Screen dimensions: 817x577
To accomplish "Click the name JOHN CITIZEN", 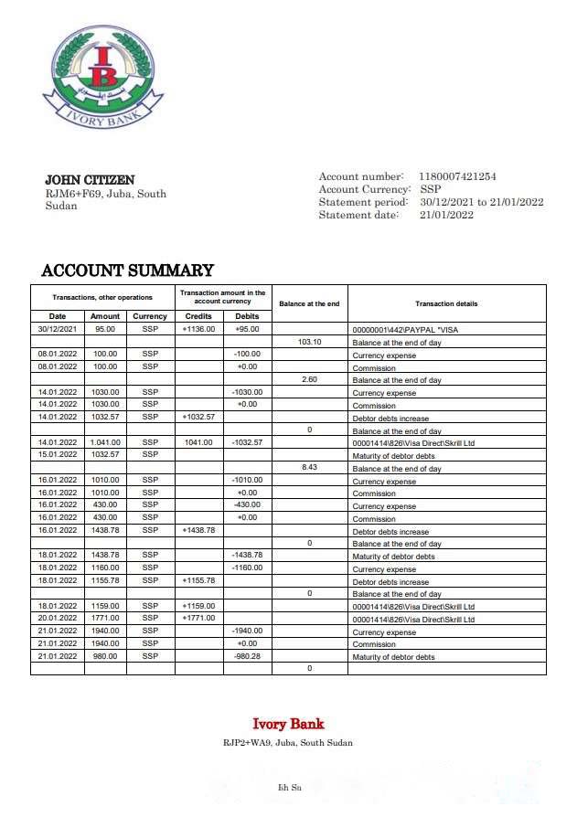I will pos(90,180).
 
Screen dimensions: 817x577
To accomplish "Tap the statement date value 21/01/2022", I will pos(446,215).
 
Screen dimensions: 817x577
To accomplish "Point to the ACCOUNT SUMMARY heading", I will pos(127,271).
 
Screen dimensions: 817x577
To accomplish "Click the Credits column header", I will pos(198,316).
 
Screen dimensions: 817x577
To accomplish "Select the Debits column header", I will pos(248,316).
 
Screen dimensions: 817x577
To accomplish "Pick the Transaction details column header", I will pos(446,303).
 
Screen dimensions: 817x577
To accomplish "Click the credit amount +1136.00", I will pos(198,329).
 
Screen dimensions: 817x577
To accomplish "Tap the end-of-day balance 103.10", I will pos(310,342).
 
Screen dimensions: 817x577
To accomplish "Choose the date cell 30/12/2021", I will pos(57,329).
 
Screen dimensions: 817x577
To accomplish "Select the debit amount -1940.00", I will pos(248,631).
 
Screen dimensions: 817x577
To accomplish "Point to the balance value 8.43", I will pos(310,468).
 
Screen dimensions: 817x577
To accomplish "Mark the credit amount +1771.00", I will pos(198,619).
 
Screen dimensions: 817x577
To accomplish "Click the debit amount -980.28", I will pos(248,656).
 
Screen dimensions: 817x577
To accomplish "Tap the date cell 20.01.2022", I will pos(57,619).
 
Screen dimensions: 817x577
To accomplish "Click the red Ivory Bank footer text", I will pos(288,725).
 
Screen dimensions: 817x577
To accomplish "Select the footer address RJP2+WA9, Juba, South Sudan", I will pos(288,743).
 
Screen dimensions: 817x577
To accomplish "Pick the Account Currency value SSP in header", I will pos(430,189).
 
